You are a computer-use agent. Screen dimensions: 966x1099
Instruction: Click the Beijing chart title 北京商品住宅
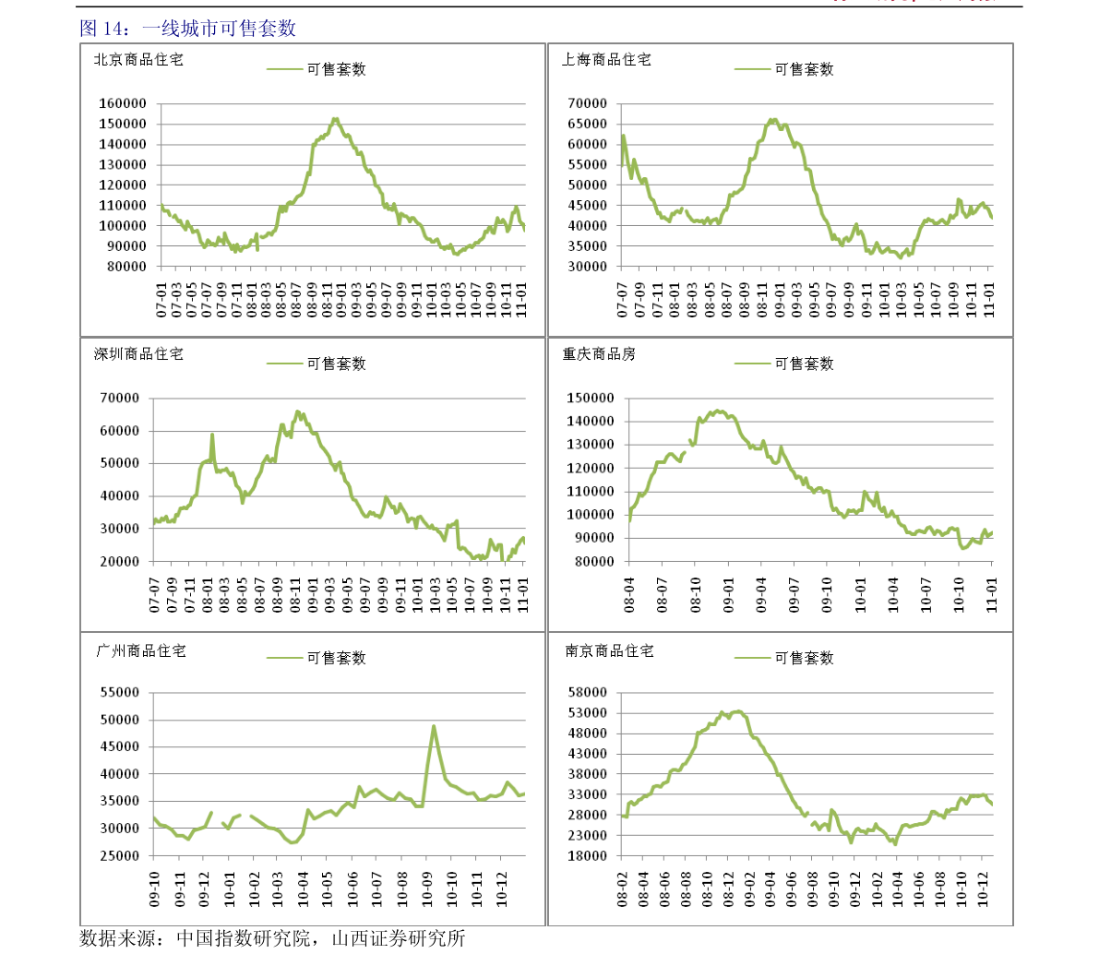(x=138, y=60)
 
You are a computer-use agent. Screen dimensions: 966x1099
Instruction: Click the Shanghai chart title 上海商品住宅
(x=606, y=60)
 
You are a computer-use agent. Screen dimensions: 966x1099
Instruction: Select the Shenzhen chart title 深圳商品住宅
(x=138, y=354)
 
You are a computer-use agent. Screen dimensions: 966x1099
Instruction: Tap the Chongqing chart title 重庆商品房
(x=599, y=354)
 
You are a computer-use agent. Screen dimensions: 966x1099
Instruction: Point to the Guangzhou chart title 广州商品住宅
(x=141, y=651)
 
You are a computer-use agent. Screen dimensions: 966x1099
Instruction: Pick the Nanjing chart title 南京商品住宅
(x=609, y=651)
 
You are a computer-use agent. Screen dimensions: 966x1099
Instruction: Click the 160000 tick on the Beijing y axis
(x=123, y=103)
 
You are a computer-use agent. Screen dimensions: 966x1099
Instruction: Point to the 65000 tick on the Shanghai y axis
(x=588, y=124)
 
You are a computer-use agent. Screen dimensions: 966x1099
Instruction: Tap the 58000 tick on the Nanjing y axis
(x=588, y=693)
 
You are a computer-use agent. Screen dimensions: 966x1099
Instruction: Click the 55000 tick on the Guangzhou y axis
(x=119, y=693)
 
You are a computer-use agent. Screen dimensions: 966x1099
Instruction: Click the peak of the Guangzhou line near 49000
(x=434, y=726)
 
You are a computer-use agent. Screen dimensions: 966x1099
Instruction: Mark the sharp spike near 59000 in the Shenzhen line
(x=212, y=435)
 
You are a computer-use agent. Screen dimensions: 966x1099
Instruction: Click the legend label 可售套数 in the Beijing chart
(x=337, y=69)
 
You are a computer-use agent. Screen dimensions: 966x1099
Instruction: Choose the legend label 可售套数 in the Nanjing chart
(x=804, y=658)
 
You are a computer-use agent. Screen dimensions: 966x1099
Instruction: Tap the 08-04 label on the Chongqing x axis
(x=630, y=595)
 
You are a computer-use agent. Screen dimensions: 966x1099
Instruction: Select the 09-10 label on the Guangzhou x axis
(x=155, y=888)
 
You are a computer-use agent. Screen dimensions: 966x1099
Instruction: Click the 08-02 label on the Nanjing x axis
(x=623, y=888)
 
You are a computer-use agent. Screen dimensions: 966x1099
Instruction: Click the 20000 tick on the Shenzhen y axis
(x=119, y=562)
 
